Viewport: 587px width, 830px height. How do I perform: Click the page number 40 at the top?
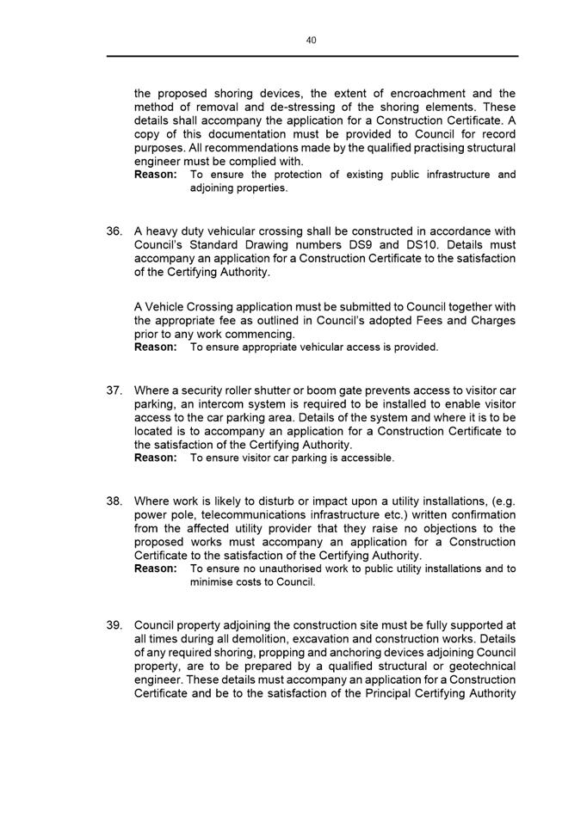(x=312, y=39)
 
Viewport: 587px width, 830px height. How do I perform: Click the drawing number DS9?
(x=361, y=244)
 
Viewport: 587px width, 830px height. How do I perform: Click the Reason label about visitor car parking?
(x=156, y=458)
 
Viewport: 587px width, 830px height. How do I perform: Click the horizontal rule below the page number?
(x=312, y=56)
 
